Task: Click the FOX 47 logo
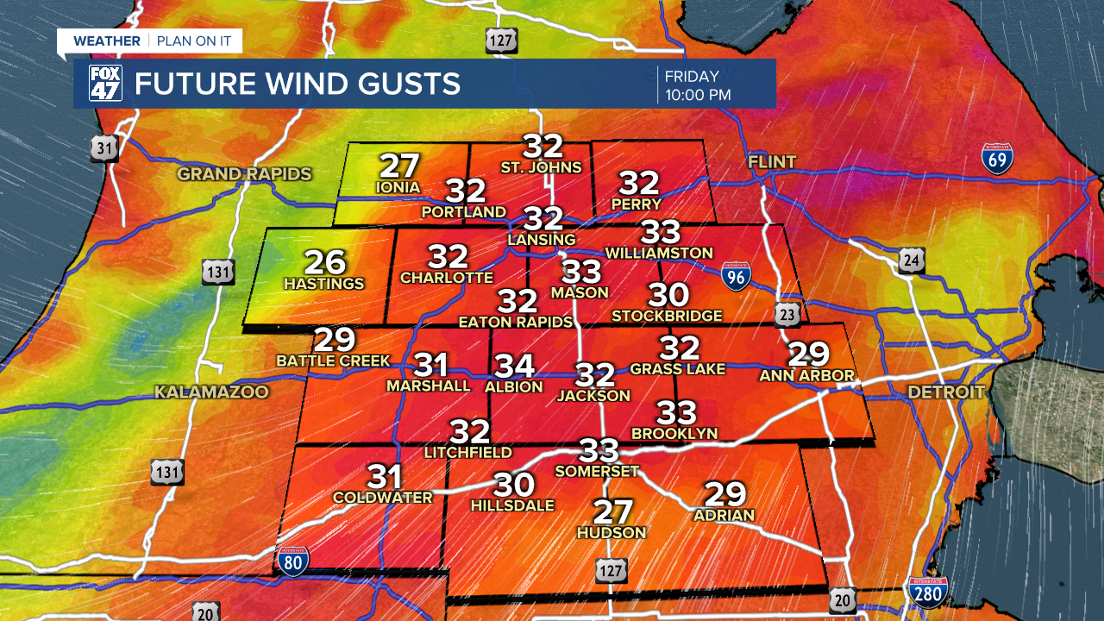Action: pyautogui.click(x=105, y=83)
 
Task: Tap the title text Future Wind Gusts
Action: pyautogui.click(x=297, y=84)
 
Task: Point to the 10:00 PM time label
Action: pyautogui.click(x=698, y=94)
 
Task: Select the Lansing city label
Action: pyautogui.click(x=542, y=238)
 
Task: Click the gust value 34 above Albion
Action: pyautogui.click(x=514, y=367)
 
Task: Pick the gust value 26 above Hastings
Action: pyautogui.click(x=324, y=262)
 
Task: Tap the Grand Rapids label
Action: pyautogui.click(x=244, y=174)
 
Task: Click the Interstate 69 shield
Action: pyautogui.click(x=997, y=160)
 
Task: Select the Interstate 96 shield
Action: pyautogui.click(x=735, y=275)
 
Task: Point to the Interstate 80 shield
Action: pyautogui.click(x=293, y=561)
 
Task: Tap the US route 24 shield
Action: pyautogui.click(x=911, y=260)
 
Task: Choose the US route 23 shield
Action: pyautogui.click(x=786, y=314)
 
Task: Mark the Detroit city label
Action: pyautogui.click(x=946, y=392)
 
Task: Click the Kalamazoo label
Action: pyautogui.click(x=211, y=392)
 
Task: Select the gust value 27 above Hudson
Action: pyautogui.click(x=612, y=511)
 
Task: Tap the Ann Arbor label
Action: pyautogui.click(x=806, y=376)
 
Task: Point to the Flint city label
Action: pyautogui.click(x=772, y=162)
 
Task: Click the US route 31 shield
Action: pyautogui.click(x=103, y=148)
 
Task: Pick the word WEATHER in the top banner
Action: pyautogui.click(x=106, y=41)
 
